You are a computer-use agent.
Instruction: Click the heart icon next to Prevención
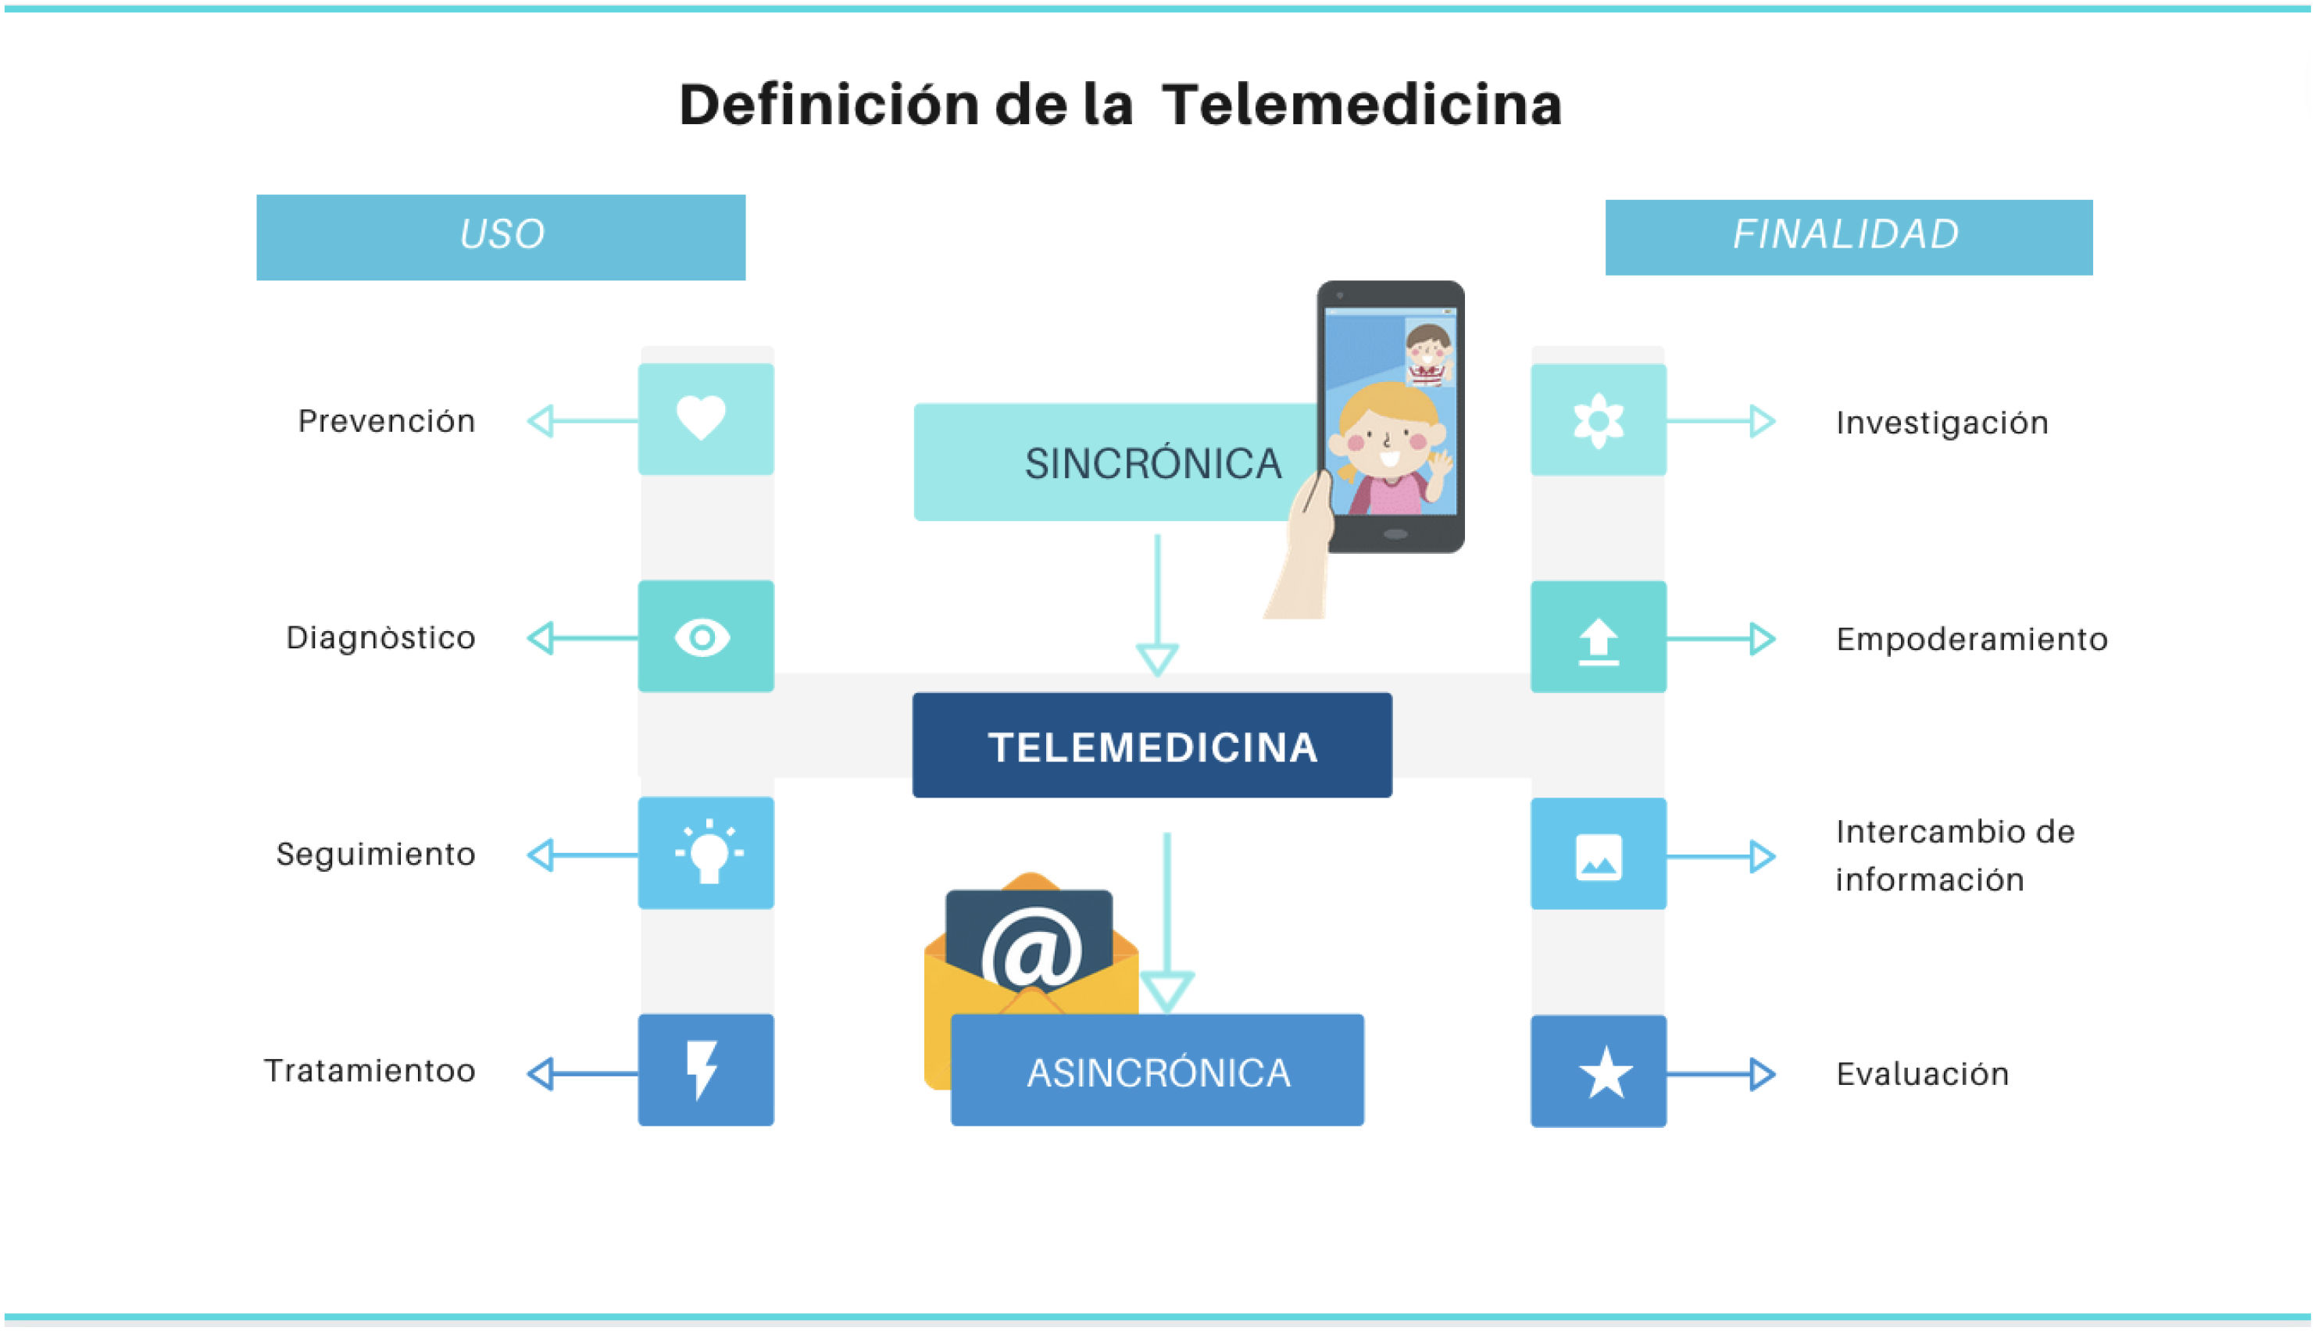pos(702,418)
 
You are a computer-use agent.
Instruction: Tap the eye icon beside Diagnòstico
pos(702,637)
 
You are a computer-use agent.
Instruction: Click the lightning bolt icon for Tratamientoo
pos(702,1069)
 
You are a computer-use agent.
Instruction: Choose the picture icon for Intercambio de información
pos(1599,857)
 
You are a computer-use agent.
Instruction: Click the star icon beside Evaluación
pos(1605,1072)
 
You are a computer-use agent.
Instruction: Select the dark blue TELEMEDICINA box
pos(1151,746)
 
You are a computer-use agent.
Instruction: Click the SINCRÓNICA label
pos(1152,463)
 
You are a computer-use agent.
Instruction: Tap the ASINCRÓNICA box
pos(1158,1072)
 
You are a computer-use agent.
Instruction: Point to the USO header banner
pos(500,236)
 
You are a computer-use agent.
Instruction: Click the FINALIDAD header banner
pos(1848,236)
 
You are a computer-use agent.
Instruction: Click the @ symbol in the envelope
pos(1031,951)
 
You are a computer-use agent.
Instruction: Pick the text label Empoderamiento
pos(1971,639)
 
